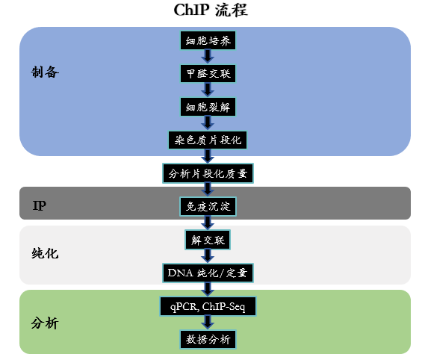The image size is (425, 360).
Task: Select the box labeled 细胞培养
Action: point(208,40)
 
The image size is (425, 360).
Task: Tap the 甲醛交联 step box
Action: point(208,73)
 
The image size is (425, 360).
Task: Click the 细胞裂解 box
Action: point(208,106)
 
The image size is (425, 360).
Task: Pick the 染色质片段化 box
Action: point(208,140)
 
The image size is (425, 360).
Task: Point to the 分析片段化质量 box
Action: point(208,173)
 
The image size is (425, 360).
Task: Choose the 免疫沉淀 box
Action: point(208,206)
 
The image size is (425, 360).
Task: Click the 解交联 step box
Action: point(208,240)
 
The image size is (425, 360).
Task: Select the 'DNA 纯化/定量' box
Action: point(208,273)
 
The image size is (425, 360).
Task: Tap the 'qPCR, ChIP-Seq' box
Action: point(208,306)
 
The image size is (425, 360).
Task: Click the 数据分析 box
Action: point(208,340)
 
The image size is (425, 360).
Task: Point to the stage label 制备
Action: point(45,72)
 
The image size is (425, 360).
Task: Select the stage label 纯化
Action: point(45,253)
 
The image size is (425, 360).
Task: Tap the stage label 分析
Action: point(45,324)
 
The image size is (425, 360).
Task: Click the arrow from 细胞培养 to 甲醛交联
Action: point(208,58)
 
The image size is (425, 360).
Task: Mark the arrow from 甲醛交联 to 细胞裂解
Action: point(208,90)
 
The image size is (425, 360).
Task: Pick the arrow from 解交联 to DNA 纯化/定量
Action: point(208,256)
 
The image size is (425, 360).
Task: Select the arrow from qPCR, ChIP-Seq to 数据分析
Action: point(208,323)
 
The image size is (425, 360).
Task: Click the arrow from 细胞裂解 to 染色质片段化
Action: point(208,123)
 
